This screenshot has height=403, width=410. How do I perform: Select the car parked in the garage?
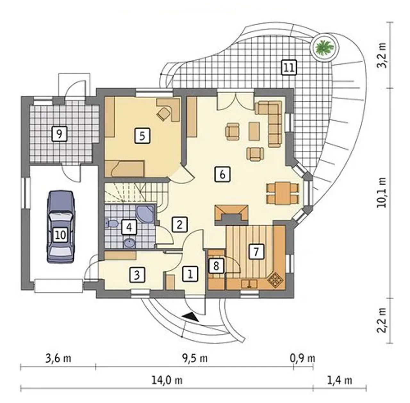pyautogui.click(x=61, y=227)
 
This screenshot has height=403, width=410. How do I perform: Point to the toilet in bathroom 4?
pyautogui.click(x=112, y=224)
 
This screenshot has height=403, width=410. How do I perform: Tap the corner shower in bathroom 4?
pyautogui.click(x=146, y=213)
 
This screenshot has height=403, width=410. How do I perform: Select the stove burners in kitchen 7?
pyautogui.click(x=276, y=280)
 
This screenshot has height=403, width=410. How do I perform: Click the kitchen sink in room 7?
pyautogui.click(x=249, y=283)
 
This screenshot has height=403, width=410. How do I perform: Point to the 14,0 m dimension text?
pyautogui.click(x=167, y=381)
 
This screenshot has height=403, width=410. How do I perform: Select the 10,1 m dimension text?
pyautogui.click(x=382, y=193)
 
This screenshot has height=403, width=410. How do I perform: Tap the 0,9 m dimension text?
pyautogui.click(x=303, y=358)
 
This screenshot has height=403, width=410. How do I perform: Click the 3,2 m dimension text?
pyautogui.click(x=382, y=58)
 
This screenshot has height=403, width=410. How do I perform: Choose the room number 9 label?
pyautogui.click(x=59, y=134)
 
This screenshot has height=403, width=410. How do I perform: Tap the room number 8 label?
pyautogui.click(x=216, y=266)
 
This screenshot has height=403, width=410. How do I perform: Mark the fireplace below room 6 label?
pyautogui.click(x=232, y=215)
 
